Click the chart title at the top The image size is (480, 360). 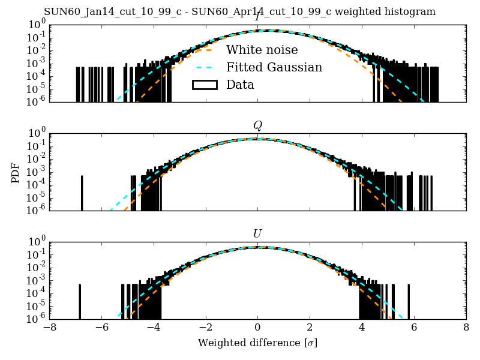click(x=239, y=12)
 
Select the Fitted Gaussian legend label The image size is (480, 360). click(x=274, y=67)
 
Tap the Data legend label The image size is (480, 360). click(x=240, y=85)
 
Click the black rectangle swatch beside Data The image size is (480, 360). click(x=204, y=85)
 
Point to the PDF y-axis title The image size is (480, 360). click(x=16, y=172)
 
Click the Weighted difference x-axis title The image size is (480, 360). click(x=257, y=344)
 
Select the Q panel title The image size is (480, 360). click(x=257, y=125)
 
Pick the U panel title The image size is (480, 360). click(x=257, y=234)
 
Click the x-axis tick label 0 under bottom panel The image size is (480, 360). click(x=257, y=328)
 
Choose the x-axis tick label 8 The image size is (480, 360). click(x=466, y=328)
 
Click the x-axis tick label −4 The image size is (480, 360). click(x=154, y=328)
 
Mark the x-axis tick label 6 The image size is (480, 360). click(x=414, y=328)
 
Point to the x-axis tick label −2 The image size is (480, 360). click(x=205, y=328)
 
